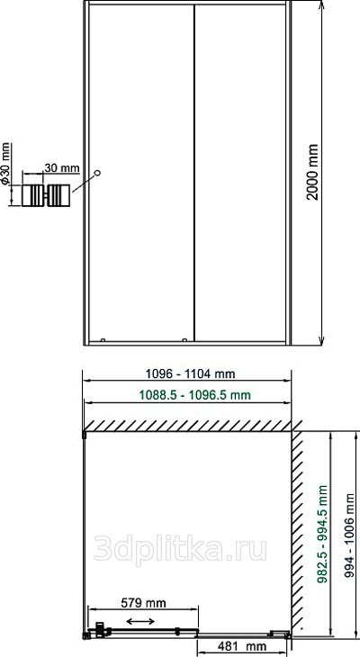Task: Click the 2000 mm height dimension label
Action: point(312,172)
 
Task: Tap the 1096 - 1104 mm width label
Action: point(190,373)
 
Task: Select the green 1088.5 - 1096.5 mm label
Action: point(194,395)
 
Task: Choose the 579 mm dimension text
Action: point(143,603)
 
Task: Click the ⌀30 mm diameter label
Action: point(5,164)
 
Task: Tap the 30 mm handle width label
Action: point(62,168)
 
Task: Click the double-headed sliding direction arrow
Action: point(140,621)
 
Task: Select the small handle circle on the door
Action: point(97,173)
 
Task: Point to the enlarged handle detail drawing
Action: point(46,195)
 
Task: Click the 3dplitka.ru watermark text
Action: point(180,549)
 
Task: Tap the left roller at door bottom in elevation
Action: point(103,340)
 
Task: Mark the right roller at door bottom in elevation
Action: point(184,340)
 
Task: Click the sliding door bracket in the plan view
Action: point(99,629)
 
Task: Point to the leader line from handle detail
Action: point(84,183)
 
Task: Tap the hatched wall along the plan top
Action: point(188,426)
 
